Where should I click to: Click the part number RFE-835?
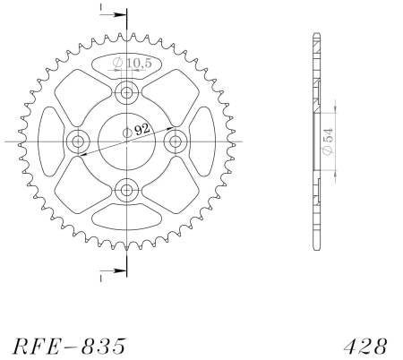[x=69, y=347]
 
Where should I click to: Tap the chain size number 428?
[x=365, y=347]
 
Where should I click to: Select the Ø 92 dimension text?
[x=136, y=131]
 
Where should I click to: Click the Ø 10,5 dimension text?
[x=133, y=63]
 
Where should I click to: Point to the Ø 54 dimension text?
[x=329, y=141]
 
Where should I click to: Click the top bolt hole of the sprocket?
[x=127, y=92]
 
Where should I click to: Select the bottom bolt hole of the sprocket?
[x=127, y=190]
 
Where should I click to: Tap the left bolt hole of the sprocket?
[x=78, y=141]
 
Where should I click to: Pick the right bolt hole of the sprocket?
[x=176, y=141]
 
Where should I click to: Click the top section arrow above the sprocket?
[x=114, y=14]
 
